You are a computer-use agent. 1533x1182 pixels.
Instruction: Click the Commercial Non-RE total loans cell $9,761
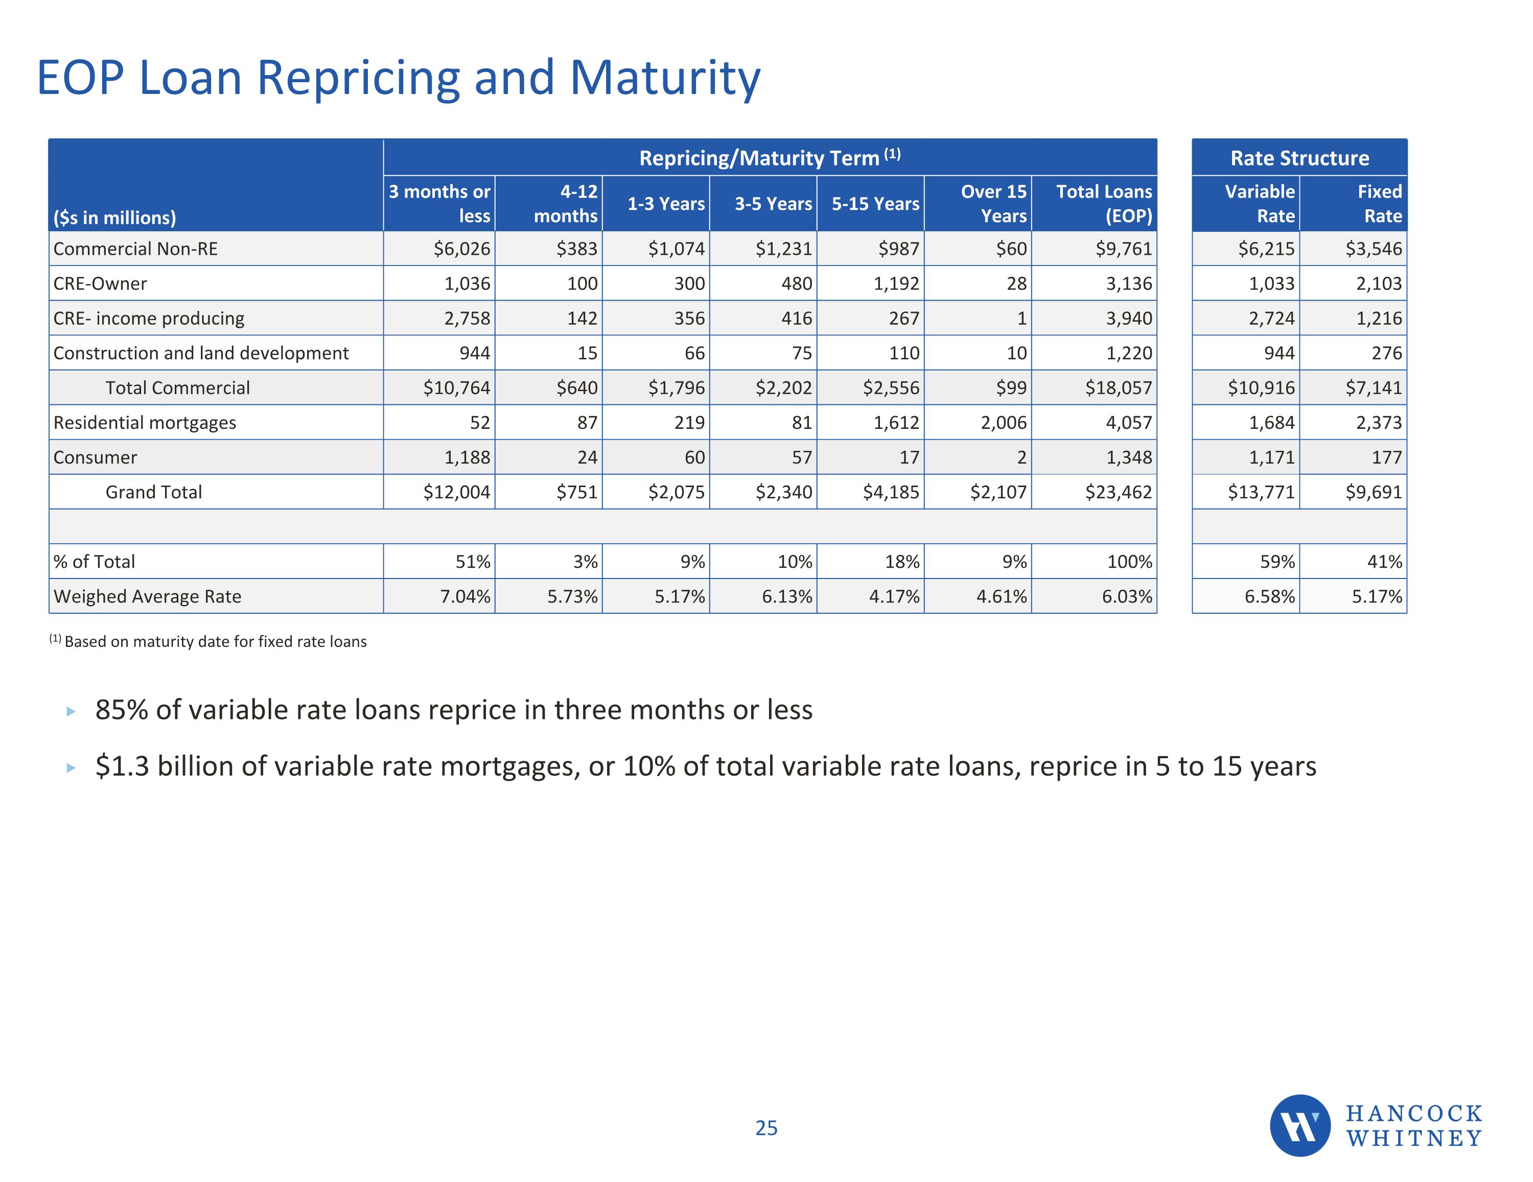1123,249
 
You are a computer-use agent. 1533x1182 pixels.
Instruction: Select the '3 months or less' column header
439,203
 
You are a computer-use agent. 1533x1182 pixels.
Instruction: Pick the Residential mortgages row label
145,422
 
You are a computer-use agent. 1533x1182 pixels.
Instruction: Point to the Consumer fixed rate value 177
1386,457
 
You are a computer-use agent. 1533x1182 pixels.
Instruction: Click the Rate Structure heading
1299,158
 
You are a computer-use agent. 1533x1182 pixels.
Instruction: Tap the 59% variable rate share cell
1277,562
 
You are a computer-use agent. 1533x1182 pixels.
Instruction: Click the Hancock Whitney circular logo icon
1299,1125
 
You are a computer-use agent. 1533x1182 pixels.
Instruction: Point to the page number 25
766,1127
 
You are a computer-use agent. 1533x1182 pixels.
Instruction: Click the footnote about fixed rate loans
208,642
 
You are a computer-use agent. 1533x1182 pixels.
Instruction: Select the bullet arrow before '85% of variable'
70,711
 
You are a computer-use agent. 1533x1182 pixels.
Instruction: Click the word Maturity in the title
665,78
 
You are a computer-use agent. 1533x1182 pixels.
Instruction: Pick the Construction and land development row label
201,353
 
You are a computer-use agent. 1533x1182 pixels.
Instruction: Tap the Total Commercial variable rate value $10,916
1261,388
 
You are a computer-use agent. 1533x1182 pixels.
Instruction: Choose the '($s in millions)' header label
114,218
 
